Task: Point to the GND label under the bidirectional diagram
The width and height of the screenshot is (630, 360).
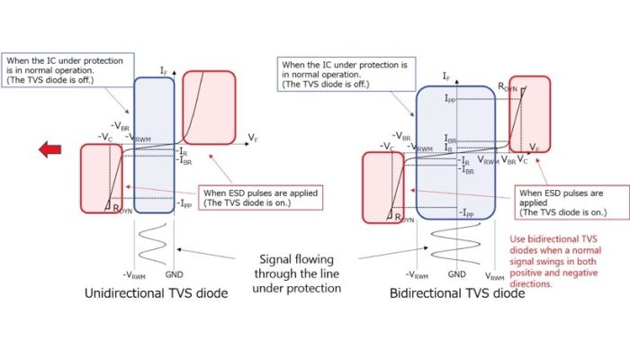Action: click(x=457, y=273)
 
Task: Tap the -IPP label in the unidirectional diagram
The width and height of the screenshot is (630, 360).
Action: click(x=184, y=203)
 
